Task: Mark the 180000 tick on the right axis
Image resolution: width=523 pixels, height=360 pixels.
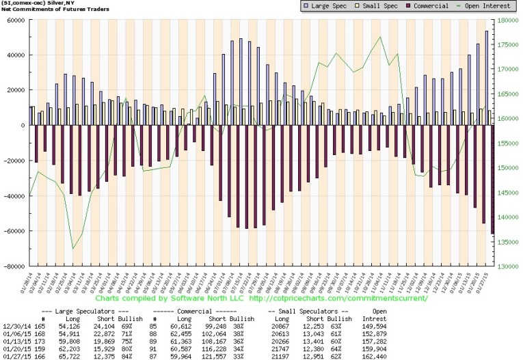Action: tap(509, 20)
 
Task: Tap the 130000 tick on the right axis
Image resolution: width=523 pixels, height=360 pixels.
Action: tap(509, 266)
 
